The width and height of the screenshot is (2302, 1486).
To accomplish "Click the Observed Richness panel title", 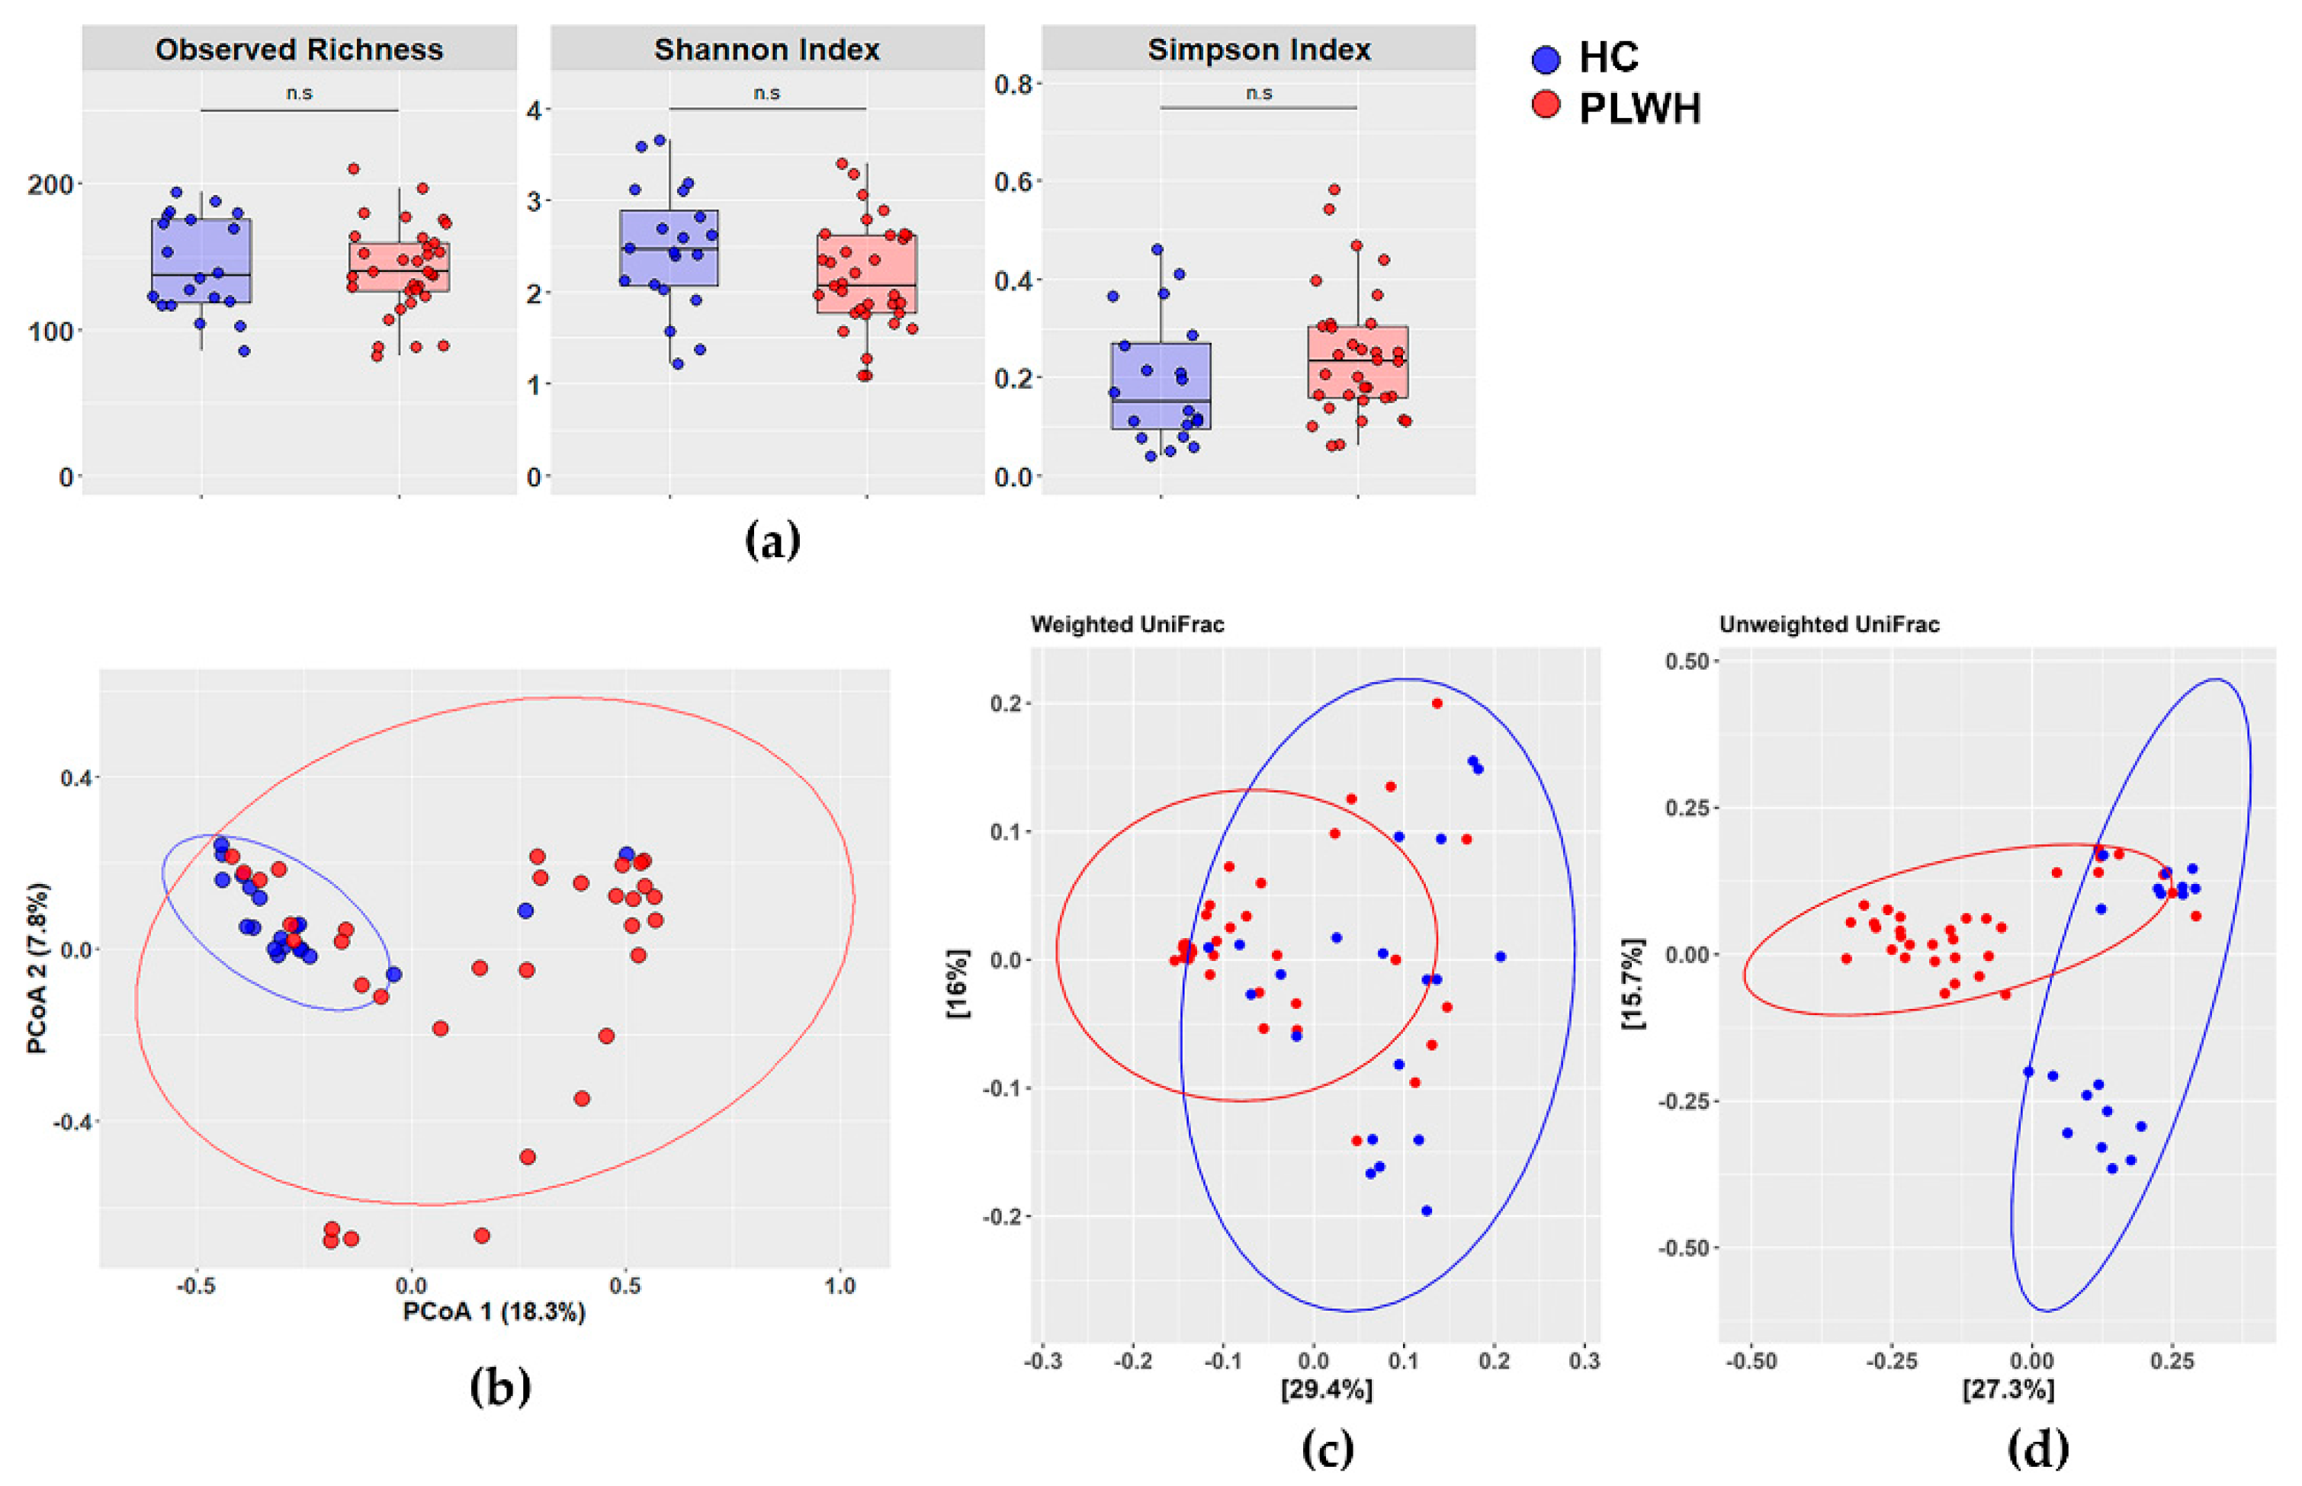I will tap(298, 50).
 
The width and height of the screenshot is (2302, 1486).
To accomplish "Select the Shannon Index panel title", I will tap(766, 50).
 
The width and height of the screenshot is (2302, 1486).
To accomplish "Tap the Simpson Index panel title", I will tap(1259, 50).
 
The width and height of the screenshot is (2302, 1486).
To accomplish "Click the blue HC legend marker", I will tap(1546, 59).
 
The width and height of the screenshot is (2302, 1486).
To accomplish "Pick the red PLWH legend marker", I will tap(1546, 105).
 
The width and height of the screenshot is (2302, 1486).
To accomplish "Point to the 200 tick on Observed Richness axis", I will tap(53, 184).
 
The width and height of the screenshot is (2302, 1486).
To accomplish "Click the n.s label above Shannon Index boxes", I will tap(766, 93).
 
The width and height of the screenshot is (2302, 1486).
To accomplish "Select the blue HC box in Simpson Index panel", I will tap(1161, 385).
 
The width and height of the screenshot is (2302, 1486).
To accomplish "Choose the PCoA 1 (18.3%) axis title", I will tap(493, 1312).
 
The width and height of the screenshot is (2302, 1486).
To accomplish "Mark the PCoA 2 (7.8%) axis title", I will tap(37, 967).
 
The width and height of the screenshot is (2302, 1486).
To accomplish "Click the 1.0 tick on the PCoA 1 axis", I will tap(840, 1286).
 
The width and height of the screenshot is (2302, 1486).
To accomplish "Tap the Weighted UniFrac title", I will tap(1126, 624).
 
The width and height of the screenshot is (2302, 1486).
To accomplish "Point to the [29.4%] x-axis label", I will tap(1325, 1389).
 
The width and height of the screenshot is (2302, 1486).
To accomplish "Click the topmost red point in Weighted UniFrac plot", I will tap(1437, 703).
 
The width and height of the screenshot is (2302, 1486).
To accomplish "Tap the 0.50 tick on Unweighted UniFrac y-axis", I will tap(1686, 661).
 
